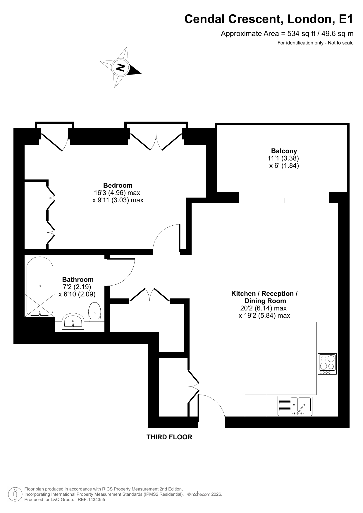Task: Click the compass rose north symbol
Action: point(121,67)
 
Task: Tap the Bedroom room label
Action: point(118,185)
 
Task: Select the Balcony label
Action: point(284,151)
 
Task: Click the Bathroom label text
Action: point(78,279)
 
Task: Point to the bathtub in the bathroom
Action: point(40,286)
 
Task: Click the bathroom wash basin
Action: point(73,322)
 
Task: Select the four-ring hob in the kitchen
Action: point(327,364)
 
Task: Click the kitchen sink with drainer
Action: point(295,406)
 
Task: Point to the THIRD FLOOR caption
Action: point(169,437)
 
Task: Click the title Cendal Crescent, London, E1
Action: point(269,19)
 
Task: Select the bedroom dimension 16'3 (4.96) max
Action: point(117,193)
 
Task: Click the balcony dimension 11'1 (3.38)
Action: point(283,158)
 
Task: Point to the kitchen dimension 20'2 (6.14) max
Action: point(264,308)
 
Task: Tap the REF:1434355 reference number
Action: point(91,500)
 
